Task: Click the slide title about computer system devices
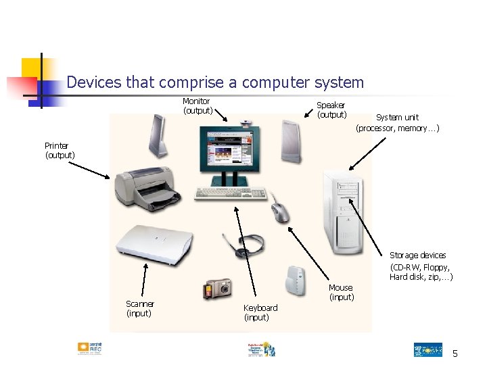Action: [215, 82]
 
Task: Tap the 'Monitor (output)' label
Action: [197, 105]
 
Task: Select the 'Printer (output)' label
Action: [60, 150]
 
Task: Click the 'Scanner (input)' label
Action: [140, 308]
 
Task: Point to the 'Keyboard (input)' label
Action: [260, 312]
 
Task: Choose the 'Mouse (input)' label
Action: [341, 292]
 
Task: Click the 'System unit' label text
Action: [398, 122]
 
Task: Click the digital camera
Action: [218, 289]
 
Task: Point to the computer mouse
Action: [279, 212]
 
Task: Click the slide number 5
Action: [455, 354]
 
